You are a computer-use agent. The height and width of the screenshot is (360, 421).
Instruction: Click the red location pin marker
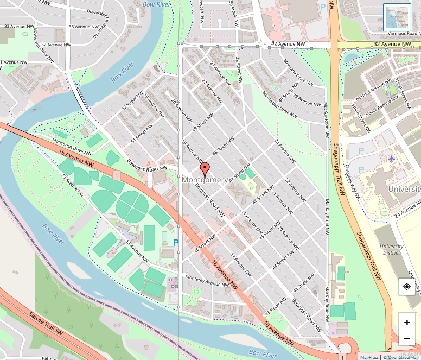pyautogui.click(x=205, y=170)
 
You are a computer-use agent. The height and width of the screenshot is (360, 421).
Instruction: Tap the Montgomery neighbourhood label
pyautogui.click(x=205, y=180)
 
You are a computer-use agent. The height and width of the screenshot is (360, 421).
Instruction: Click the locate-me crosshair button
pyautogui.click(x=407, y=287)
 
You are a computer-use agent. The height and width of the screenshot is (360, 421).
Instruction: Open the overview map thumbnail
pyautogui.click(x=397, y=17)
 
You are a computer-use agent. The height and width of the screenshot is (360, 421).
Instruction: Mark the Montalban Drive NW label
pyautogui.click(x=279, y=104)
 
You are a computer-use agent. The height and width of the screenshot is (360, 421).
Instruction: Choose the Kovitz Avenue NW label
pyautogui.click(x=383, y=102)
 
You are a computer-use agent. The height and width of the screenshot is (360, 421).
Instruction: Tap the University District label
pyautogui.click(x=391, y=249)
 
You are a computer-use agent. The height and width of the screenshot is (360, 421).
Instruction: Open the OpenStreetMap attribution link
pyautogui.click(x=402, y=357)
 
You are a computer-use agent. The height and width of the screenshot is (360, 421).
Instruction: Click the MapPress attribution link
pyautogui.click(x=369, y=357)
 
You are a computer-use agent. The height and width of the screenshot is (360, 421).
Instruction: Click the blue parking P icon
pyautogui.click(x=175, y=243)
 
